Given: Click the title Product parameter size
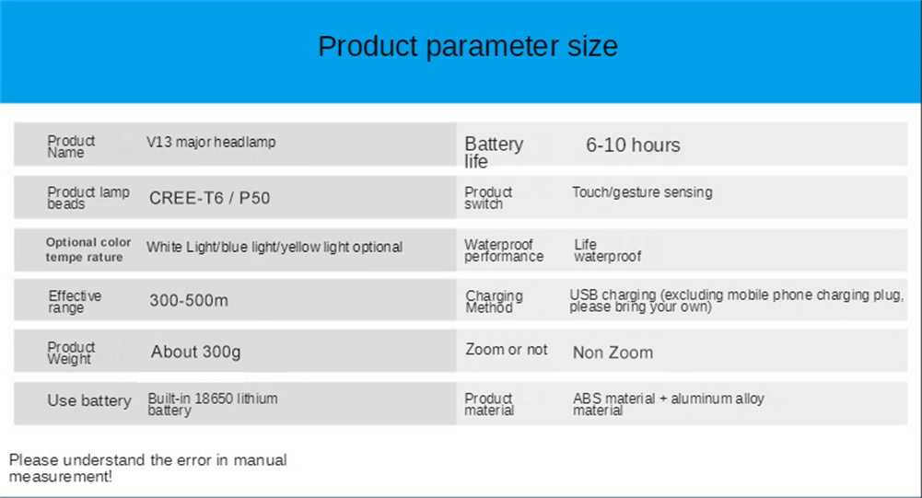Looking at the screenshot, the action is point(468,46).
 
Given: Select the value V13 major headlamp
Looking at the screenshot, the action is point(211,143).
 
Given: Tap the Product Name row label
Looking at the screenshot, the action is point(71,146).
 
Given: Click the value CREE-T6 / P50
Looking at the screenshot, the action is point(209,198).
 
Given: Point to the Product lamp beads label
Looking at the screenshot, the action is point(88,198).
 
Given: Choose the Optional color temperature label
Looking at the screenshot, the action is point(88,249).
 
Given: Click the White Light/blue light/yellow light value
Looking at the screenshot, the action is point(274,247).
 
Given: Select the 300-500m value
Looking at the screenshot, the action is point(189,300).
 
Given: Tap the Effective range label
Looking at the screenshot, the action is point(75,302).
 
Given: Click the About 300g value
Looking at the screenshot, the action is point(196,352).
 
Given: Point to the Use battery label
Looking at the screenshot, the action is point(89,401).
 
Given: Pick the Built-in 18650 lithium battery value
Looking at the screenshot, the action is point(212,404).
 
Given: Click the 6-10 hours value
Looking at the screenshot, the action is point(633,145).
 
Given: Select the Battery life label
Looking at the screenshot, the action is point(494,152).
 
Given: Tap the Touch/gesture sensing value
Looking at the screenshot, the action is point(642,192).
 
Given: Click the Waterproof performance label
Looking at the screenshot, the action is point(504,250).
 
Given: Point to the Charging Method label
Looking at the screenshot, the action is point(494,302).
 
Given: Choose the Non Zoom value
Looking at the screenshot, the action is point(613,353).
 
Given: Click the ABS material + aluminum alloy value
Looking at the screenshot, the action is point(669,404).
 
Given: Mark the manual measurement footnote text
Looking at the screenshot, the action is point(147,468).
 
